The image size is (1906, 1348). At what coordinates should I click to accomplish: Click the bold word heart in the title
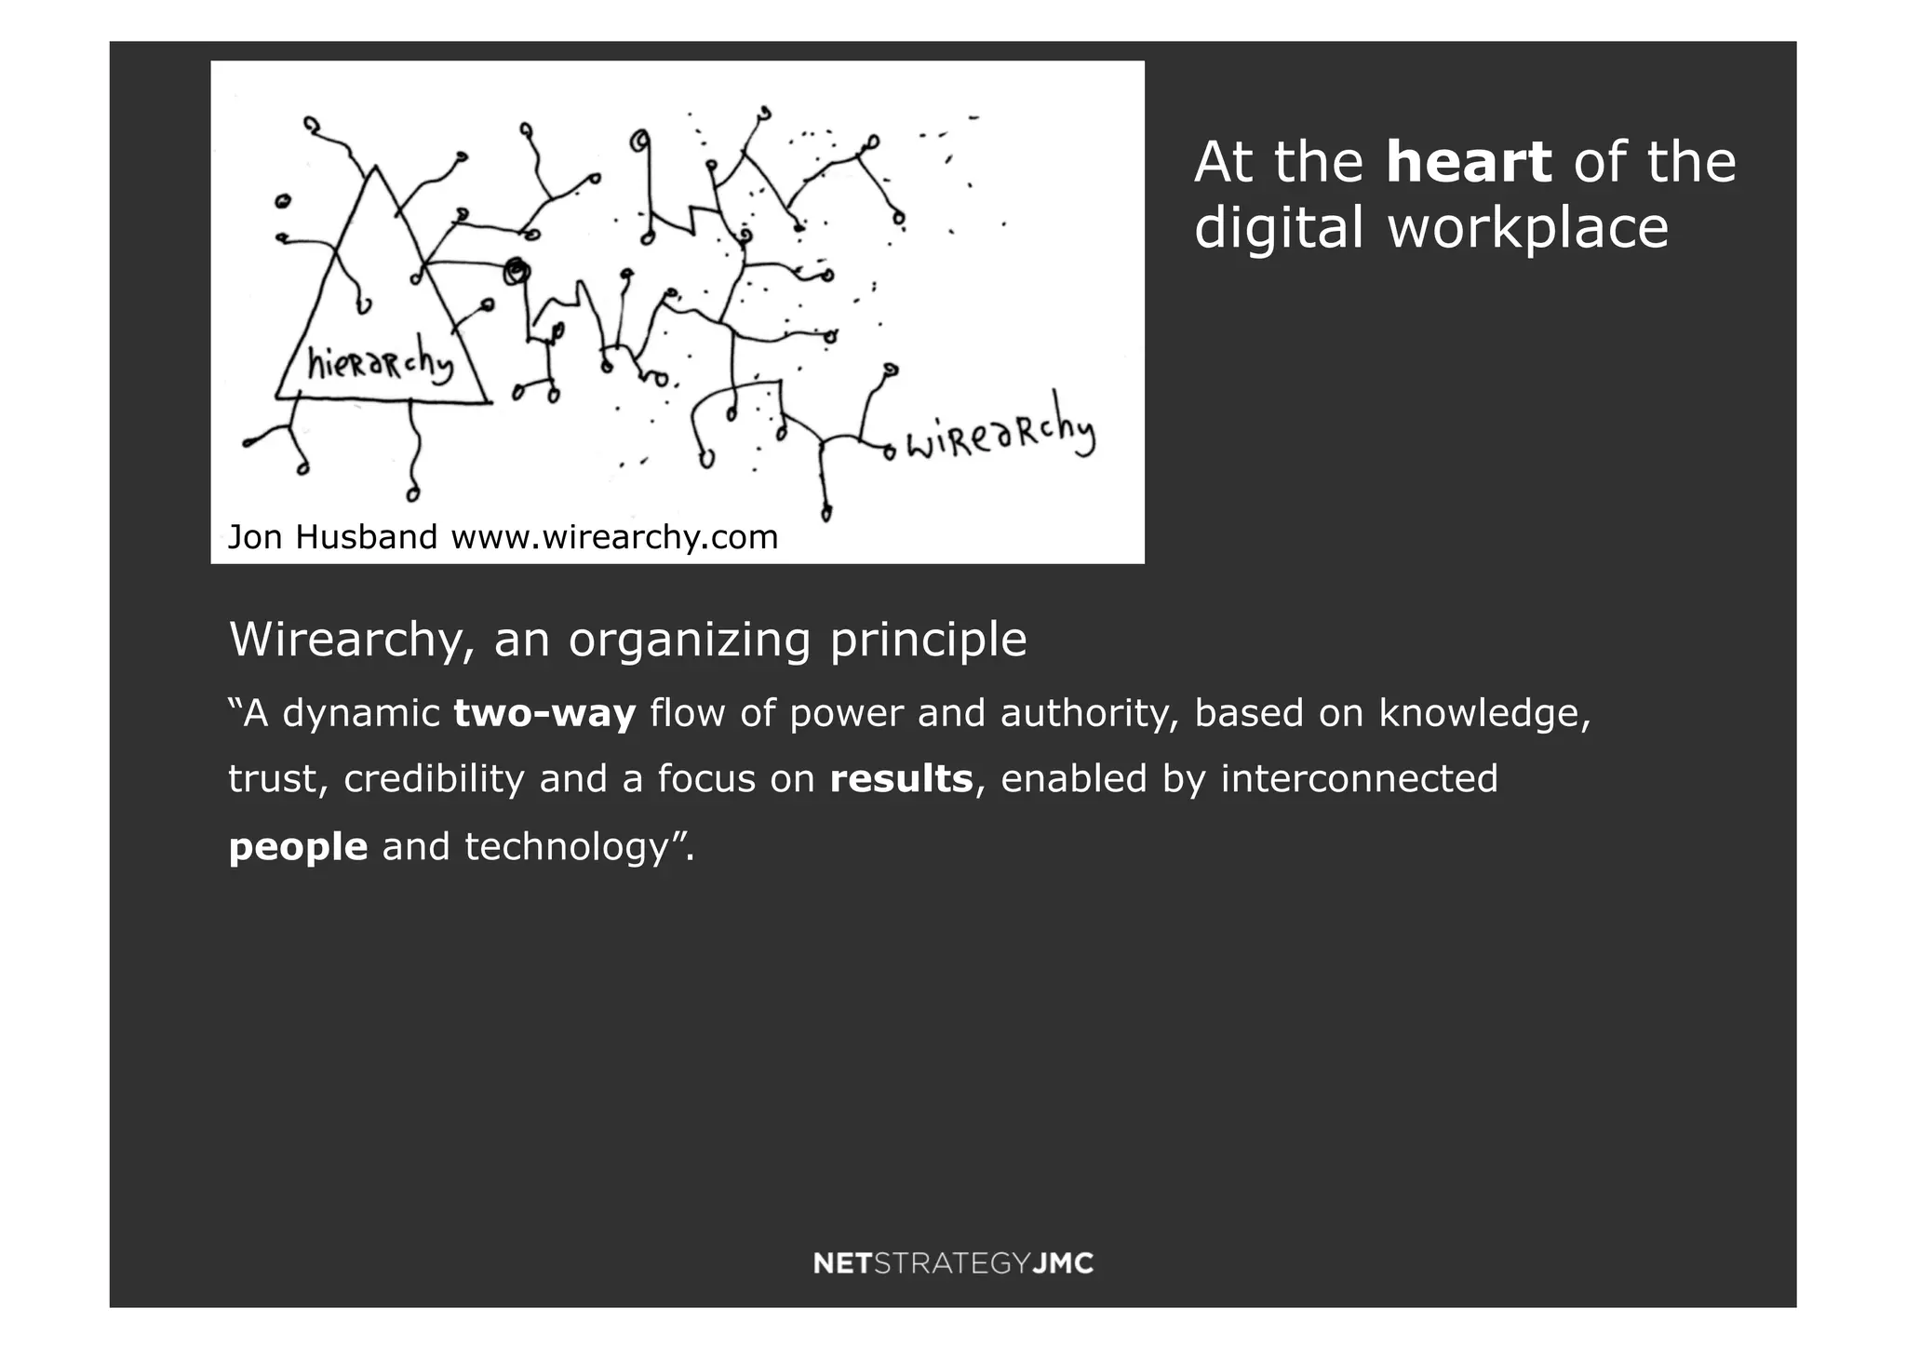1468,162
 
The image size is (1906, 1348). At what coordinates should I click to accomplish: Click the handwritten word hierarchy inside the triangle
380,365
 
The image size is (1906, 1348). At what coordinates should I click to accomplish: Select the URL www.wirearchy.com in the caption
614,538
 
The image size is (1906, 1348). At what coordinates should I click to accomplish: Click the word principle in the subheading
928,640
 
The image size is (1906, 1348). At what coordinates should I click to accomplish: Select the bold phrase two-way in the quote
544,713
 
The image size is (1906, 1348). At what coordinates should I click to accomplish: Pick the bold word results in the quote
901,778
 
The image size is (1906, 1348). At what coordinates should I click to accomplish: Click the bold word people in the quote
298,846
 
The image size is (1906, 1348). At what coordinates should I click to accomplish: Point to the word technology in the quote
567,847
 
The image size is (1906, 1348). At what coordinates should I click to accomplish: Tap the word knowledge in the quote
1485,713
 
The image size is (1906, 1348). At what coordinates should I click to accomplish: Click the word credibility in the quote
434,778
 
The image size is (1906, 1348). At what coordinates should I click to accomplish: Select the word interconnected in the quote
1359,778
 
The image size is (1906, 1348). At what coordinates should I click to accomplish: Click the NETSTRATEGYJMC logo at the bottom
953,1263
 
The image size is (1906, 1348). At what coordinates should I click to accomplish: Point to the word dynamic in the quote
361,714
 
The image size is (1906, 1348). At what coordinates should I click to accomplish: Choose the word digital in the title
1279,228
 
